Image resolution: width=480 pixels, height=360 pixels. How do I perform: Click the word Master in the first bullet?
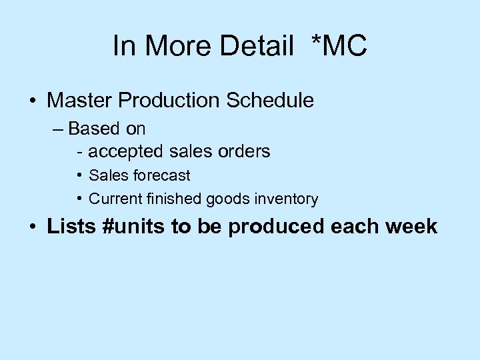click(x=80, y=101)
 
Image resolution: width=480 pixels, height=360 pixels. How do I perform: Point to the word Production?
click(x=171, y=101)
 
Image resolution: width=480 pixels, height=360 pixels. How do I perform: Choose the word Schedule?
click(x=271, y=101)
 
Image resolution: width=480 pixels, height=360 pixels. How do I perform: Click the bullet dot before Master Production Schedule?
click(x=33, y=101)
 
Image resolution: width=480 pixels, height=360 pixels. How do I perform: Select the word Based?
click(x=94, y=127)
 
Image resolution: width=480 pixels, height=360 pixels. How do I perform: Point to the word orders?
click(x=243, y=151)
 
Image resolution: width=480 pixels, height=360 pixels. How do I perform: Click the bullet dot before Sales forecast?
click(x=79, y=176)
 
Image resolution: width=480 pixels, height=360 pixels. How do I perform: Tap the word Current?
click(x=116, y=199)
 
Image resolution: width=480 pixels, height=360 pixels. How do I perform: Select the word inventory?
click(x=289, y=199)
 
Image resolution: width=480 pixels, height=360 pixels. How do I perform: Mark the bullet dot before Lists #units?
click(x=33, y=227)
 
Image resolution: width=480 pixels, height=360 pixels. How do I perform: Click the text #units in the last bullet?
click(x=135, y=227)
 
